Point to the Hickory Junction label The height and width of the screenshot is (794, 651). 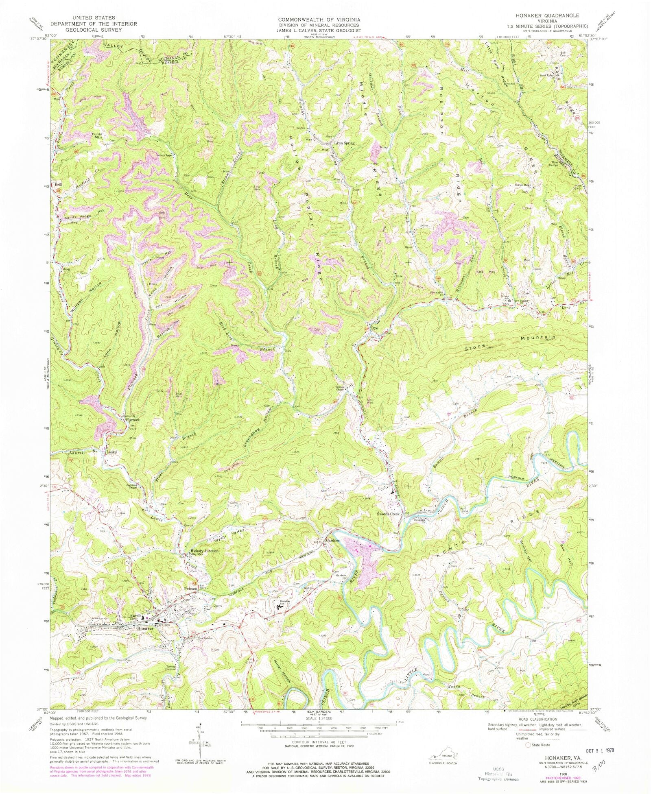[204, 551]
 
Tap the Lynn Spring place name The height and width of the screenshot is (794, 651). [344, 144]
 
